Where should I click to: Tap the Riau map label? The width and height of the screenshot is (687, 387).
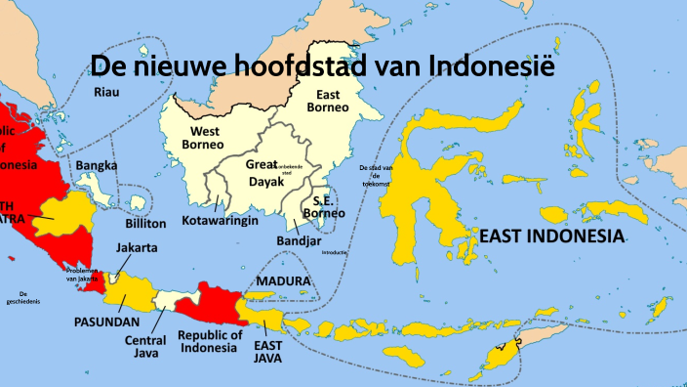coord(104,92)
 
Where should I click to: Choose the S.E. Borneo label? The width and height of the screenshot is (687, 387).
coord(323,205)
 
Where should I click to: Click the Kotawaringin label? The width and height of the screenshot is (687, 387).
coord(220,221)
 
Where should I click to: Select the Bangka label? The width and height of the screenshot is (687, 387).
coord(97,165)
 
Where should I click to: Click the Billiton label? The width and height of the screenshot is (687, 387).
coord(145,223)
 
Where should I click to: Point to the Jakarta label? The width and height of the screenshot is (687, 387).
coord(137,248)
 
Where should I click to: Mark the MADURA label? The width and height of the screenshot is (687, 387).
coord(283,281)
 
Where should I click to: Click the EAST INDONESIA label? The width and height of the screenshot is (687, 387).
coord(551,236)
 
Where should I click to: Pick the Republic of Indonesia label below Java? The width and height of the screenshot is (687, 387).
coord(210,341)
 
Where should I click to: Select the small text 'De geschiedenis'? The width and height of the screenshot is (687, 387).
coord(20,298)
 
